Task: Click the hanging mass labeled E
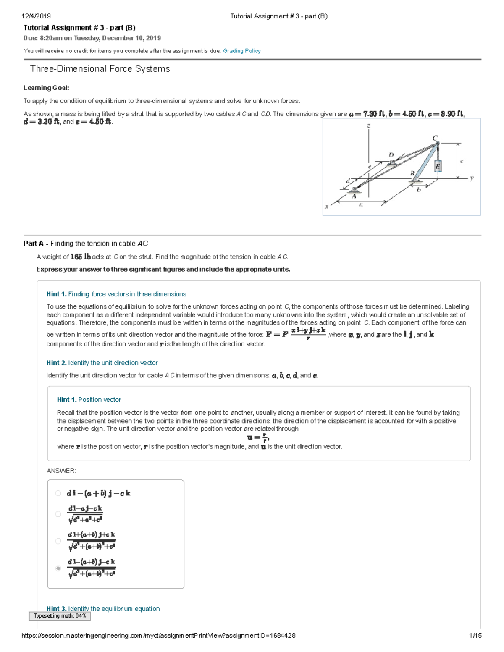coord(438,166)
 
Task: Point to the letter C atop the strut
coord(435,138)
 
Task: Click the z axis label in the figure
coord(368,126)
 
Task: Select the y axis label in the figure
coord(472,178)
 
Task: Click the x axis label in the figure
coord(326,207)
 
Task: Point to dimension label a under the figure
coord(361,204)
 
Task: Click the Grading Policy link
coord(242,51)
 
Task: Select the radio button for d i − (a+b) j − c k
coord(58,493)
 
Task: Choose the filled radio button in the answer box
coord(58,568)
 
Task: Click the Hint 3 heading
coord(103,608)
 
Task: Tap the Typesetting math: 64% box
coord(60,616)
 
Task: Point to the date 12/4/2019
coord(36,16)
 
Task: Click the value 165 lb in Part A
coord(80,257)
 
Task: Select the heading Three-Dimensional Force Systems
coord(100,69)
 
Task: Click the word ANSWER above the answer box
coord(61,471)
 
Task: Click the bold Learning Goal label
coord(46,88)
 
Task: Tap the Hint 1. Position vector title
coord(89,400)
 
